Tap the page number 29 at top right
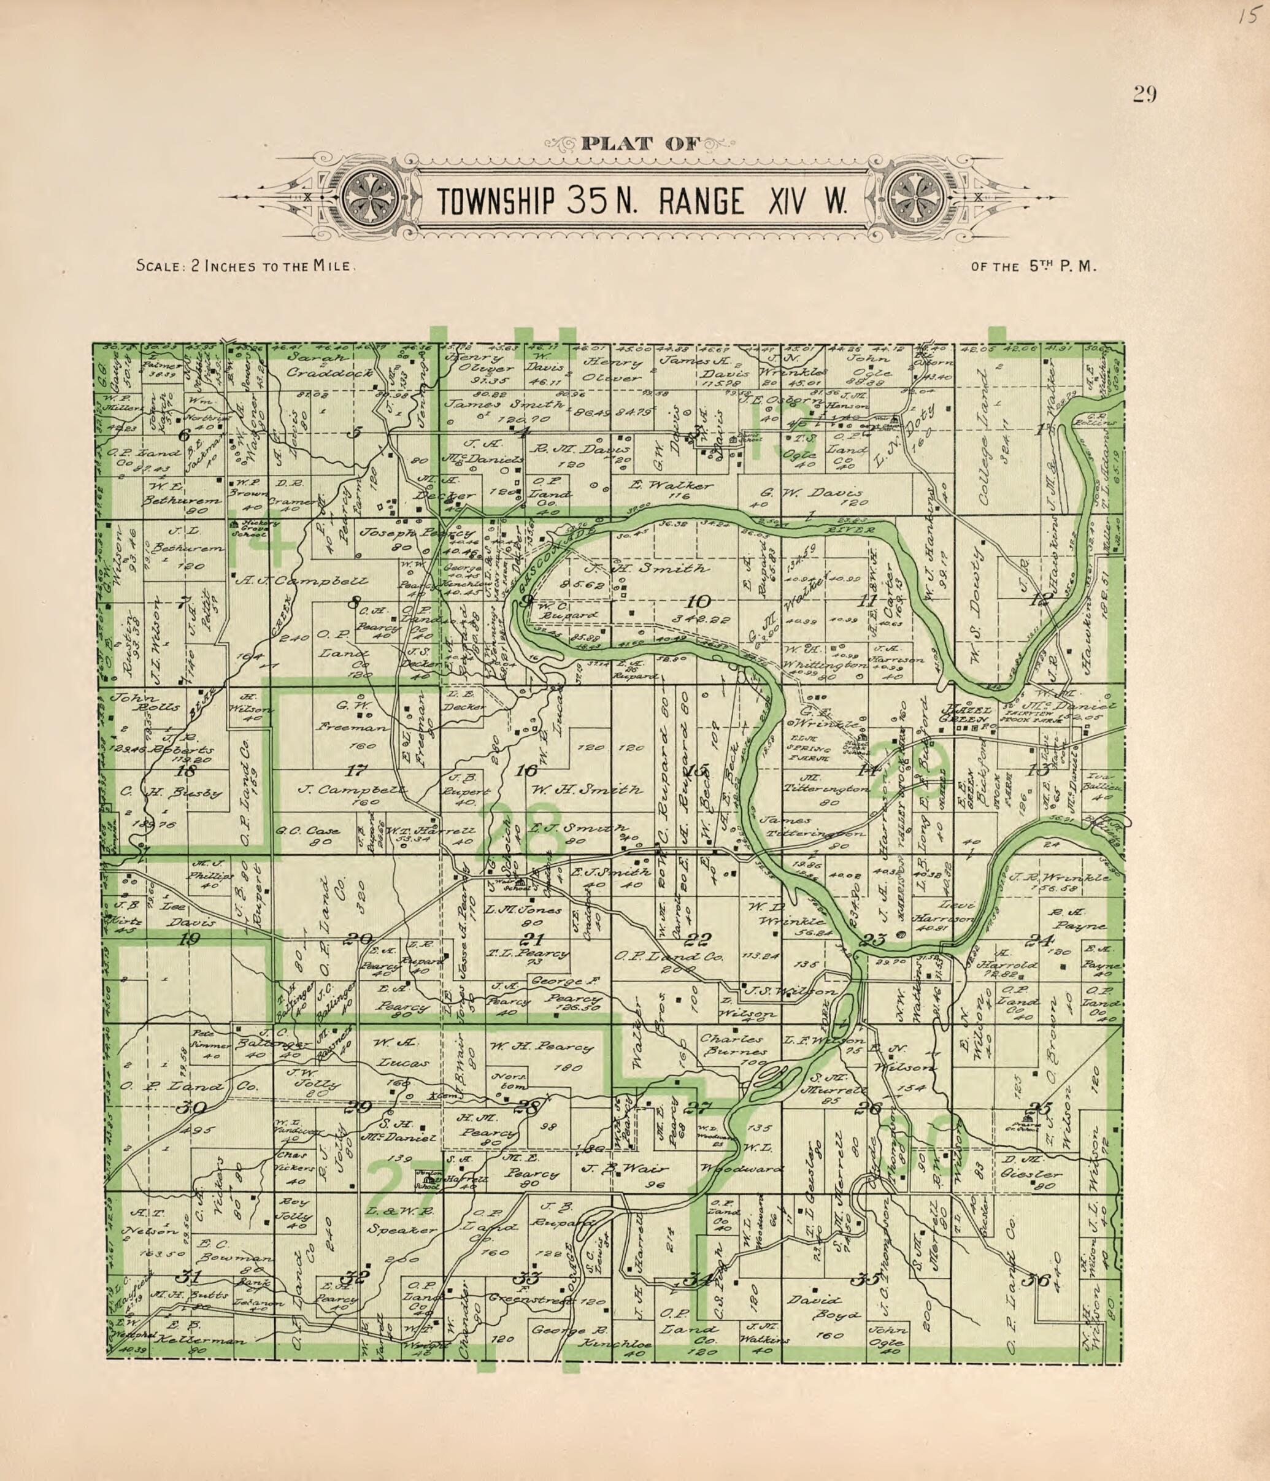pyautogui.click(x=1144, y=95)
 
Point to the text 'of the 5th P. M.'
pyautogui.click(x=1033, y=267)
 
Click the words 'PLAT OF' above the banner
pyautogui.click(x=641, y=143)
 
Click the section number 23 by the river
pyautogui.click(x=873, y=940)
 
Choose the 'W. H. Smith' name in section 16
pyautogui.click(x=587, y=789)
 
